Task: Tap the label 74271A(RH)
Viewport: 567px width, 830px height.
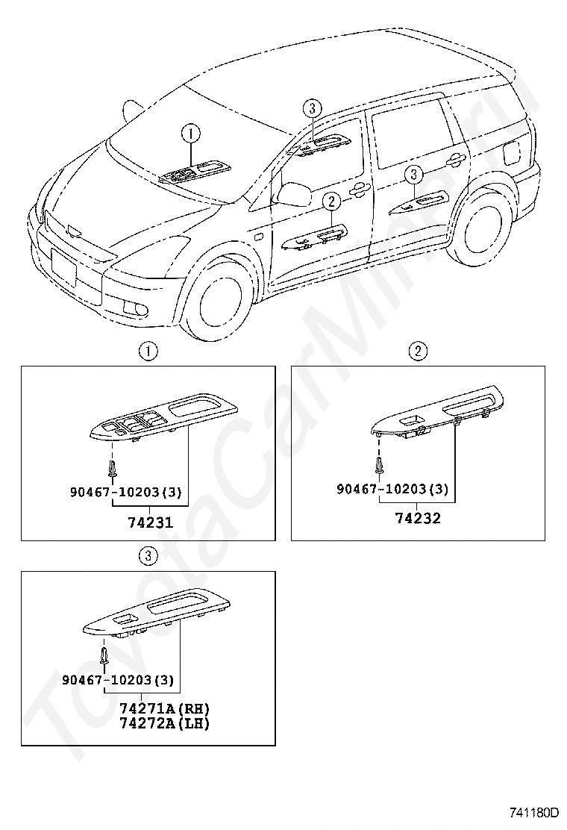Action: pyautogui.click(x=164, y=708)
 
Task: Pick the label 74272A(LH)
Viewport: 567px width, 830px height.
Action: pyautogui.click(x=164, y=723)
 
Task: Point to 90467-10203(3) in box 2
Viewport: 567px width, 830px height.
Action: pyautogui.click(x=392, y=489)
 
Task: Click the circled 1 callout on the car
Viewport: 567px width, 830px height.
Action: pyautogui.click(x=191, y=134)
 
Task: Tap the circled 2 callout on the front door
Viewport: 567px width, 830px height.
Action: pyautogui.click(x=332, y=201)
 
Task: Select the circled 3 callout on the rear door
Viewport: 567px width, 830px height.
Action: pyautogui.click(x=415, y=175)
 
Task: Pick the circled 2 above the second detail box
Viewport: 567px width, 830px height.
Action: pyautogui.click(x=418, y=351)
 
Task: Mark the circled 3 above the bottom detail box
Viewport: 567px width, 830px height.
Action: pyautogui.click(x=148, y=555)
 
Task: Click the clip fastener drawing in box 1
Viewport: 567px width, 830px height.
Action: pyautogui.click(x=112, y=470)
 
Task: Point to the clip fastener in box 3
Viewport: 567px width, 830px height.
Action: pyautogui.click(x=104, y=657)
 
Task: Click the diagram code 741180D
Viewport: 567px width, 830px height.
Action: pyautogui.click(x=534, y=812)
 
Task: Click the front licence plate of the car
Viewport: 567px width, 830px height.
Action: pyautogui.click(x=64, y=267)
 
